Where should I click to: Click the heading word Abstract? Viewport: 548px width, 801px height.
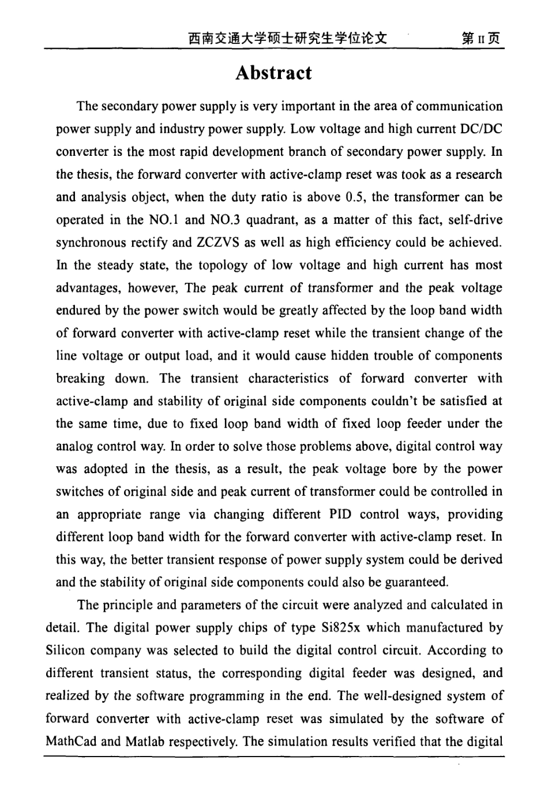click(274, 73)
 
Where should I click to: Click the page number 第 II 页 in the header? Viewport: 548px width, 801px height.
click(480, 39)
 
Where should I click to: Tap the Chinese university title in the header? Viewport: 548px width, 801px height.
click(287, 39)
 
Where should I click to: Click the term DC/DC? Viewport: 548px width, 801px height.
click(480, 129)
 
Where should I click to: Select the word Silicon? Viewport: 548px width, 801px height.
click(65, 650)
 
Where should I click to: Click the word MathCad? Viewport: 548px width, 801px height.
click(70, 741)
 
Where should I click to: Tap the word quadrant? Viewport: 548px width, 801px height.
click(272, 220)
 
